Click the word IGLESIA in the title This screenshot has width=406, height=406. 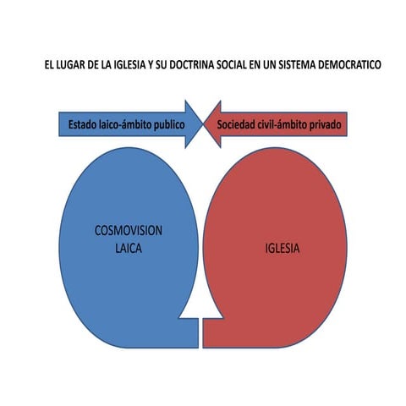coord(129,65)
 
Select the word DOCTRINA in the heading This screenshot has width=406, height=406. coord(192,65)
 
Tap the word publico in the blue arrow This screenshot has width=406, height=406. coord(169,125)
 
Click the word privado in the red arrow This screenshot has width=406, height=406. coord(326,125)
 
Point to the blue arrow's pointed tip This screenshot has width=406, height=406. coord(203,124)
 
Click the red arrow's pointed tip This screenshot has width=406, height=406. coord(204,124)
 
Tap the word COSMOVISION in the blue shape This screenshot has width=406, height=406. coord(129,231)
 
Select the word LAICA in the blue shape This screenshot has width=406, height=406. coord(129,249)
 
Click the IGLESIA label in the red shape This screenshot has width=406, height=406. coord(283,249)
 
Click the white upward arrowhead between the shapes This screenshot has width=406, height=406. coord(200,306)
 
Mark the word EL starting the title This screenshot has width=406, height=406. coord(48,65)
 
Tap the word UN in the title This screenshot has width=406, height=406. coord(269,65)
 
